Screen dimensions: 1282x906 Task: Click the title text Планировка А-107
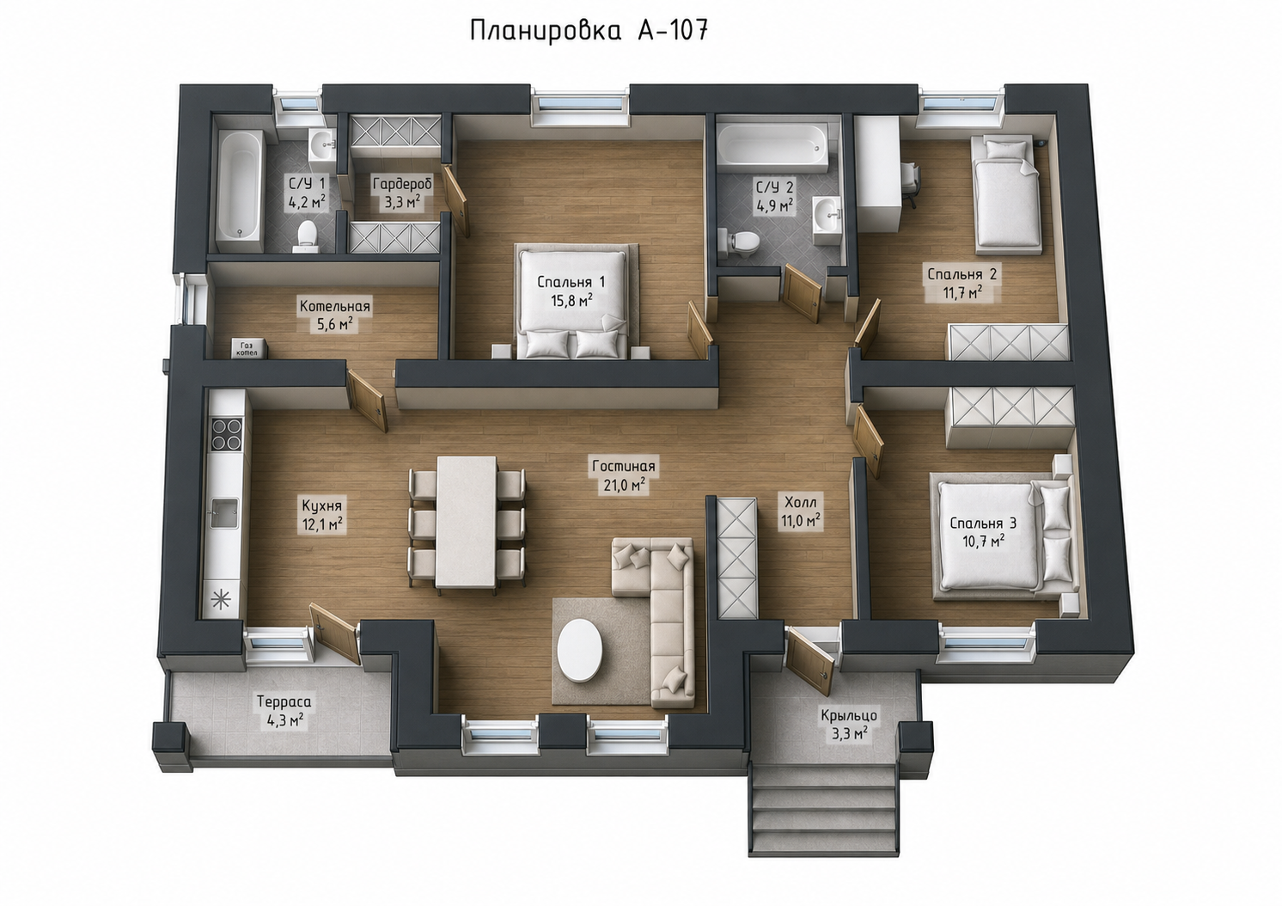(589, 31)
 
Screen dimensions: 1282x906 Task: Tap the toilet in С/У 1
(307, 236)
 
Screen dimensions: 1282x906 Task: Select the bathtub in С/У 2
(773, 149)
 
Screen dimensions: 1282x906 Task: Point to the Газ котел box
(246, 349)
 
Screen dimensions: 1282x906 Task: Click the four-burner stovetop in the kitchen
(228, 434)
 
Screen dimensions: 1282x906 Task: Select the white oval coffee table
(580, 648)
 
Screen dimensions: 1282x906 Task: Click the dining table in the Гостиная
(467, 523)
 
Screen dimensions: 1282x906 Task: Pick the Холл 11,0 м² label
(801, 511)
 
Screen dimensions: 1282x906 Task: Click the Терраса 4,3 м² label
(284, 710)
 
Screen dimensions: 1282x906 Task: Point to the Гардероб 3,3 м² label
(402, 193)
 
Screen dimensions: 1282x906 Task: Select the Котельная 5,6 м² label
(335, 315)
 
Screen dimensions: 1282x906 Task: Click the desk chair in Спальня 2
(912, 180)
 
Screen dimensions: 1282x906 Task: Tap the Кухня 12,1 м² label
(322, 514)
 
